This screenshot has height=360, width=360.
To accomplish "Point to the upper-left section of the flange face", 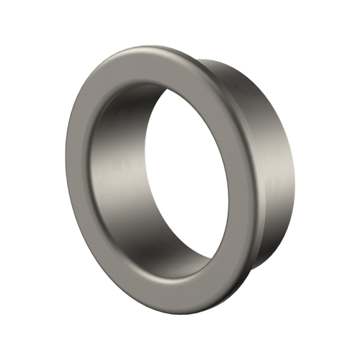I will tap(97, 101).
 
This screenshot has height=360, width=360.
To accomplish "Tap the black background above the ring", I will tap(180, 22).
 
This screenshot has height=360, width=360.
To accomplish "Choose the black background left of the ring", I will tap(29, 180).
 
